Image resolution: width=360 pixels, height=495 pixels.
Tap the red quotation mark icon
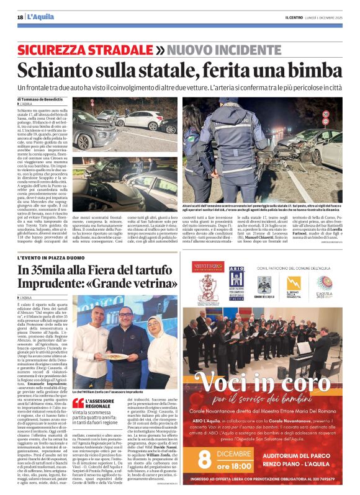(78, 403)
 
